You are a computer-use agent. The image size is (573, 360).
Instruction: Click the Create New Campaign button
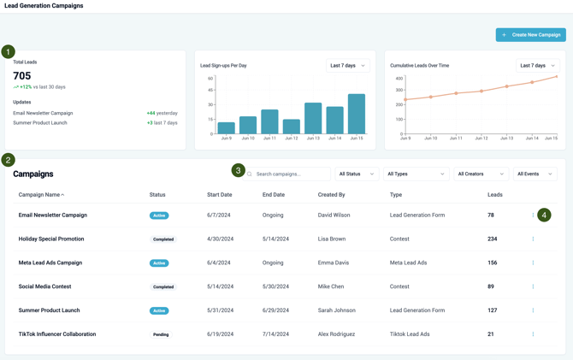[x=530, y=35]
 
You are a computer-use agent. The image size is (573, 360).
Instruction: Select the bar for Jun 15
[x=357, y=113]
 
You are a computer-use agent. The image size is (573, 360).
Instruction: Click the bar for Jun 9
[x=227, y=127]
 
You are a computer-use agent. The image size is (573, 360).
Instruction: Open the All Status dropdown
[x=357, y=174]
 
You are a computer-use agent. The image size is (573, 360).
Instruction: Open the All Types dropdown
[x=416, y=174]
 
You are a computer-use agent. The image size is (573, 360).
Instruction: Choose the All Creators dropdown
[x=481, y=174]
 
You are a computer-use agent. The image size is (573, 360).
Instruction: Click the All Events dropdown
[x=535, y=174]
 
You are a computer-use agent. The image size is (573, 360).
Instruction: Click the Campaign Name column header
[x=42, y=195]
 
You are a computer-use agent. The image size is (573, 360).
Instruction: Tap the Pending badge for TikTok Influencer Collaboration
[x=161, y=334]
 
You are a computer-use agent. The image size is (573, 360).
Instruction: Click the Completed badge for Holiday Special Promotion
[x=162, y=239]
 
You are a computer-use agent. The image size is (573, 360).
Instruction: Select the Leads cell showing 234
[x=493, y=239]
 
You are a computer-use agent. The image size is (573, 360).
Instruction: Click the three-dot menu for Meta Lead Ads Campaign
[x=533, y=263]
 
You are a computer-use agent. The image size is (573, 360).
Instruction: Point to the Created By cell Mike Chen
[x=331, y=286]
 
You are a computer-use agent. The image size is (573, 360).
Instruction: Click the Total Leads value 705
[x=22, y=76]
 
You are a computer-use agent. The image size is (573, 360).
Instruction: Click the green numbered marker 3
[x=239, y=170]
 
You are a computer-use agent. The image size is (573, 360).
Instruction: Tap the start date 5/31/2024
[x=220, y=310]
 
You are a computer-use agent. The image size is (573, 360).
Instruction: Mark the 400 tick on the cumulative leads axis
[x=399, y=79]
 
